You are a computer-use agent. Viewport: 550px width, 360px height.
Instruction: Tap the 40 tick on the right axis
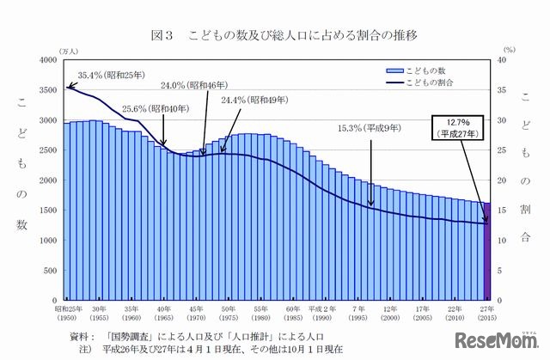507,60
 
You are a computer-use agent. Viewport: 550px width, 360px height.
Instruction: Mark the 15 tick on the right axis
507,210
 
